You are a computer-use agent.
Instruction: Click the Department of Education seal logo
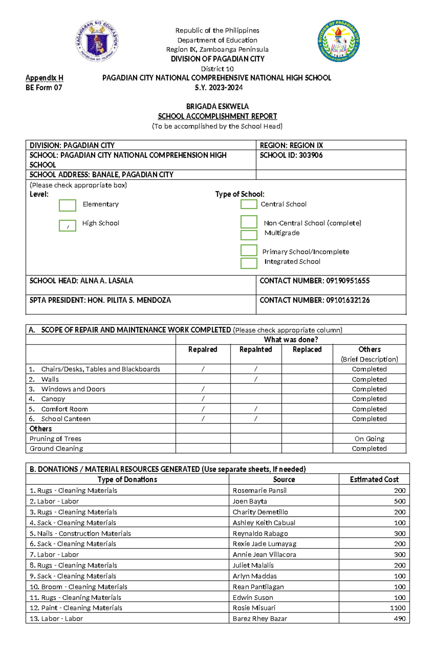97,41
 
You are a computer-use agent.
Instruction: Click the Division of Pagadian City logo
339,41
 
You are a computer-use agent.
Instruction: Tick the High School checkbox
67,225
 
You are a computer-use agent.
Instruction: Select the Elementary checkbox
67,205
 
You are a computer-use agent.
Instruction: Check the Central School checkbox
249,204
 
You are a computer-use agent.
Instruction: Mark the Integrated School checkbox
249,263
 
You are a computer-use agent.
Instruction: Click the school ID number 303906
311,155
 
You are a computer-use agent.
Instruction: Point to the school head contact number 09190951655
348,281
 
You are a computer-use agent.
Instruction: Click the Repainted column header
256,349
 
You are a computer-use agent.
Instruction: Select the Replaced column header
307,349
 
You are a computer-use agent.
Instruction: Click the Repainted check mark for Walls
256,379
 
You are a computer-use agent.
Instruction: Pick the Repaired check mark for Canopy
203,399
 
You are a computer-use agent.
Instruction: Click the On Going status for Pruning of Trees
369,438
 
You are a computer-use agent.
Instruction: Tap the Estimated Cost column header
374,479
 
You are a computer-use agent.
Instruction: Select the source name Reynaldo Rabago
260,533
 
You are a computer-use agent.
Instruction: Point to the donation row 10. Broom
78,587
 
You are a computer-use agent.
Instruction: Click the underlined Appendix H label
44,78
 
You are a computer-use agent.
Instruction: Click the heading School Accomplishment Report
217,116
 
